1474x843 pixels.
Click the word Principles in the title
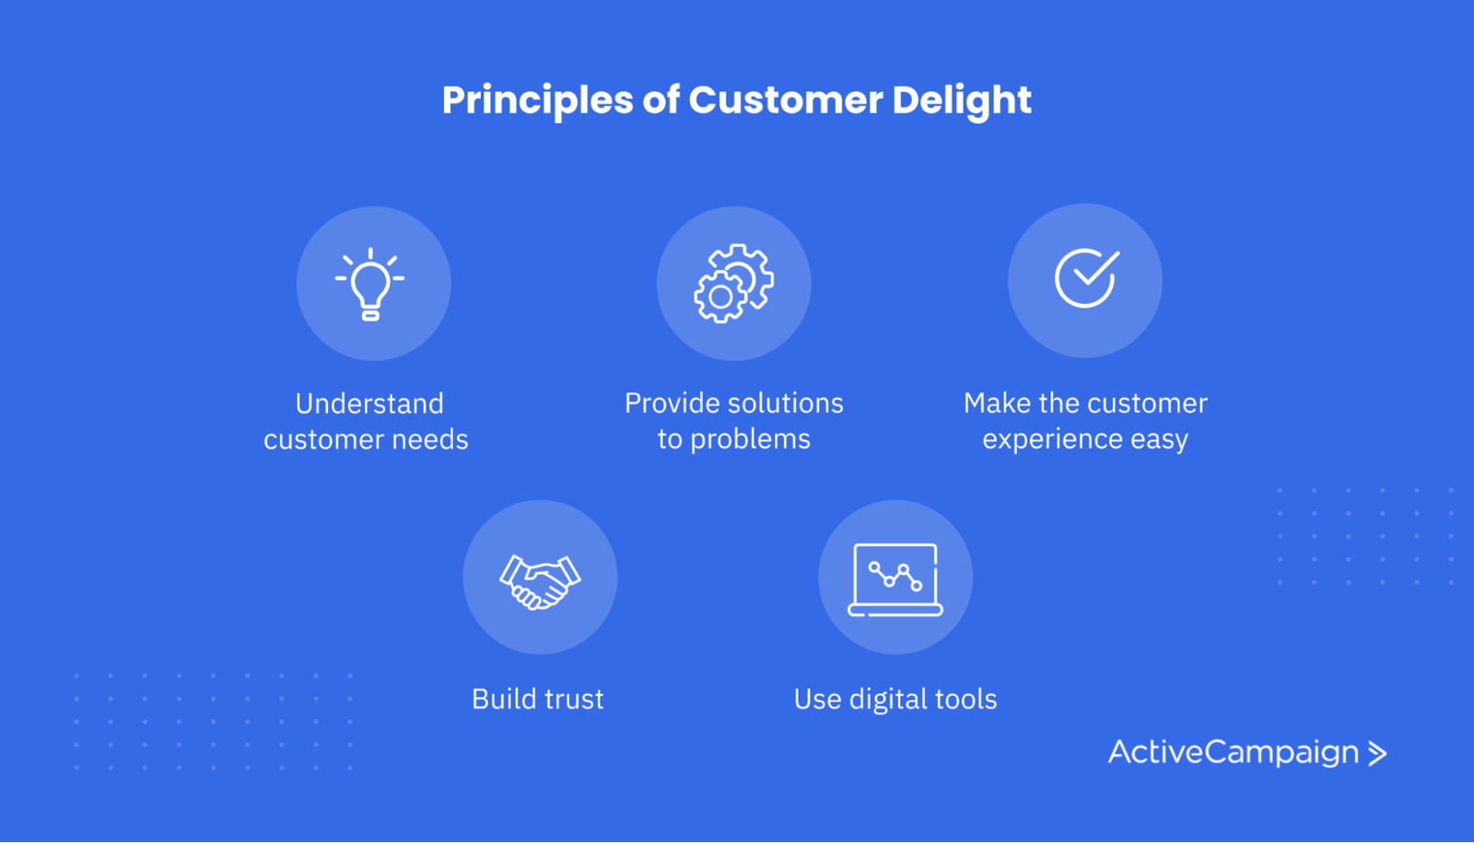click(537, 100)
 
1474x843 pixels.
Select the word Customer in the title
click(785, 100)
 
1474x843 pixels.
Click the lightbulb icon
click(370, 284)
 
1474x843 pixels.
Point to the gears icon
click(733, 283)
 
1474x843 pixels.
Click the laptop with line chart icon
click(895, 580)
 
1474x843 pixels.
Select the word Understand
click(369, 404)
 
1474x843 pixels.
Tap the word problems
click(750, 439)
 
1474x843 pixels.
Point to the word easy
click(1159, 439)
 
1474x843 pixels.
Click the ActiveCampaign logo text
click(1233, 753)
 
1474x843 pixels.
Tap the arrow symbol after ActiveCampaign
click(1377, 754)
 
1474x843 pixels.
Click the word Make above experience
click(997, 404)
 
